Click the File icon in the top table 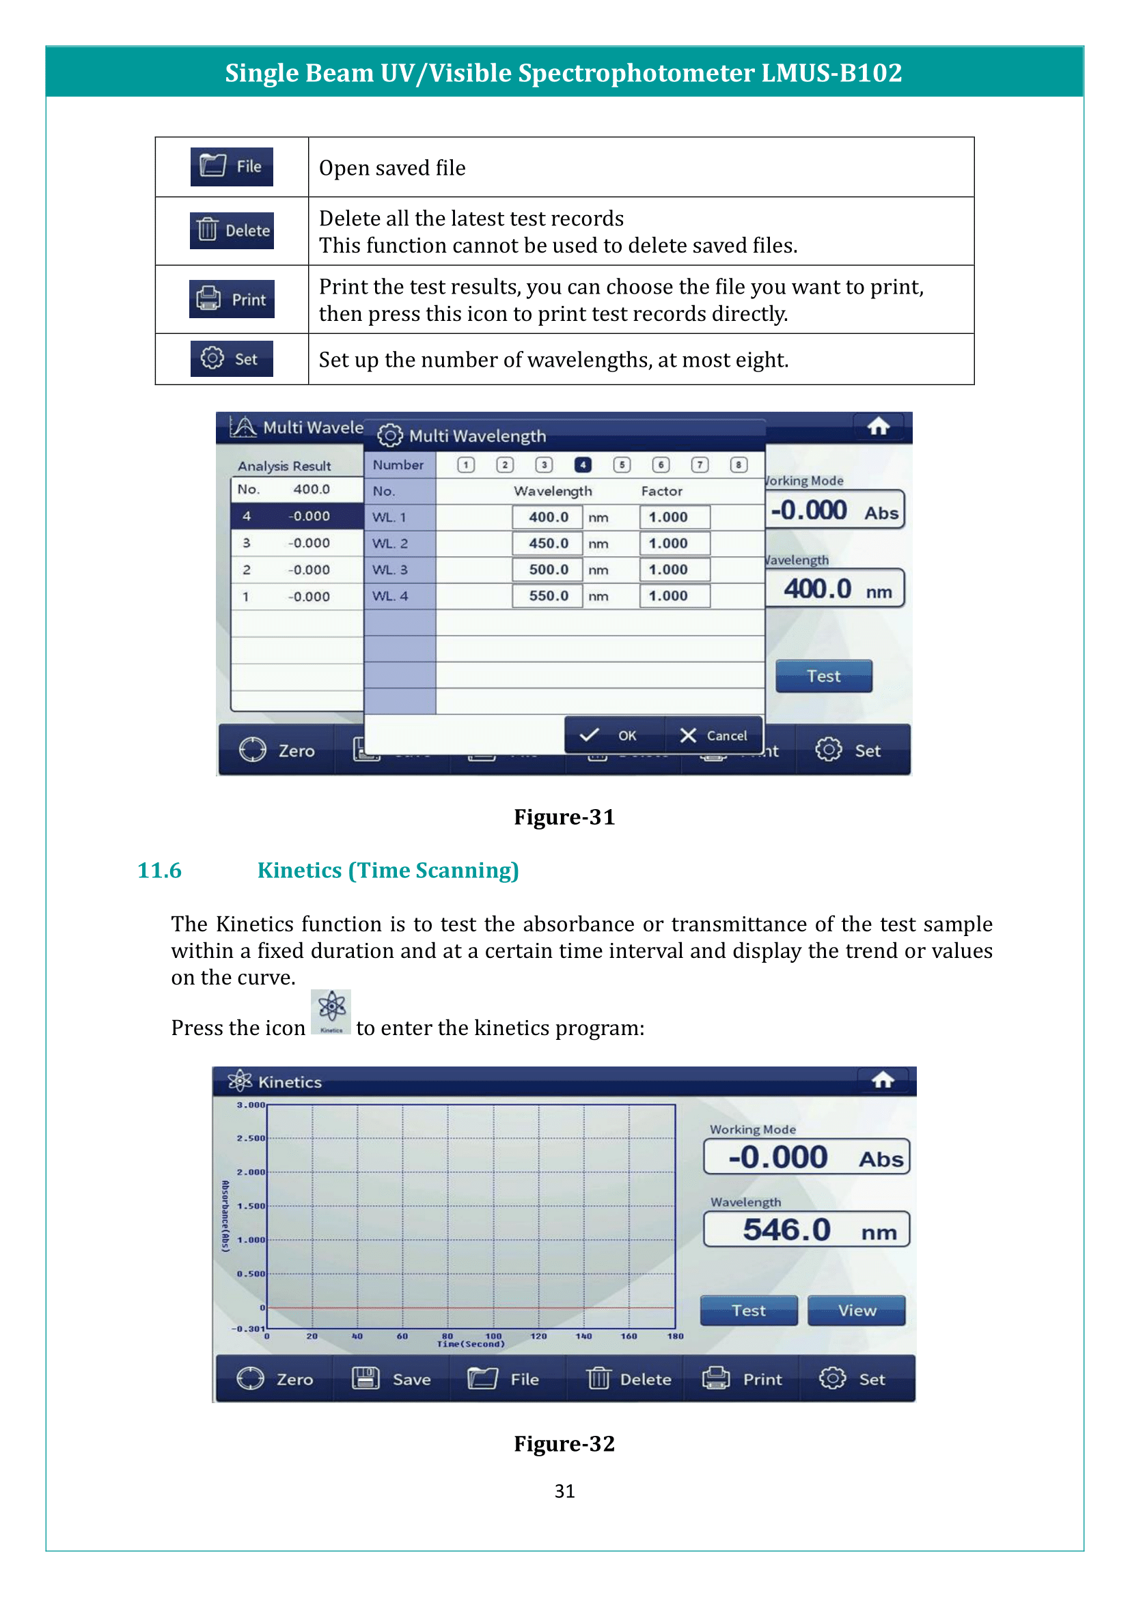tap(232, 167)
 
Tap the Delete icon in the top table tap(232, 231)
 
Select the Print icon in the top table tap(232, 300)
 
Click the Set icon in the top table tap(232, 359)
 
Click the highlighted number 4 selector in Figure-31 tap(582, 465)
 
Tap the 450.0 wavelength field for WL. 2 tap(548, 543)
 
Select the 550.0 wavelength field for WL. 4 tap(548, 596)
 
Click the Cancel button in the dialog tap(713, 736)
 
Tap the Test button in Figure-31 tap(823, 676)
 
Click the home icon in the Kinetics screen tap(883, 1080)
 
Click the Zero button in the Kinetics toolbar tap(275, 1379)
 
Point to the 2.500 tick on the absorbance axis tap(251, 1139)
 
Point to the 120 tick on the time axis tap(538, 1336)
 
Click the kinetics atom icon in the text tap(331, 1012)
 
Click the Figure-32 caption tap(564, 1444)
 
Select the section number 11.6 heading tap(159, 871)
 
